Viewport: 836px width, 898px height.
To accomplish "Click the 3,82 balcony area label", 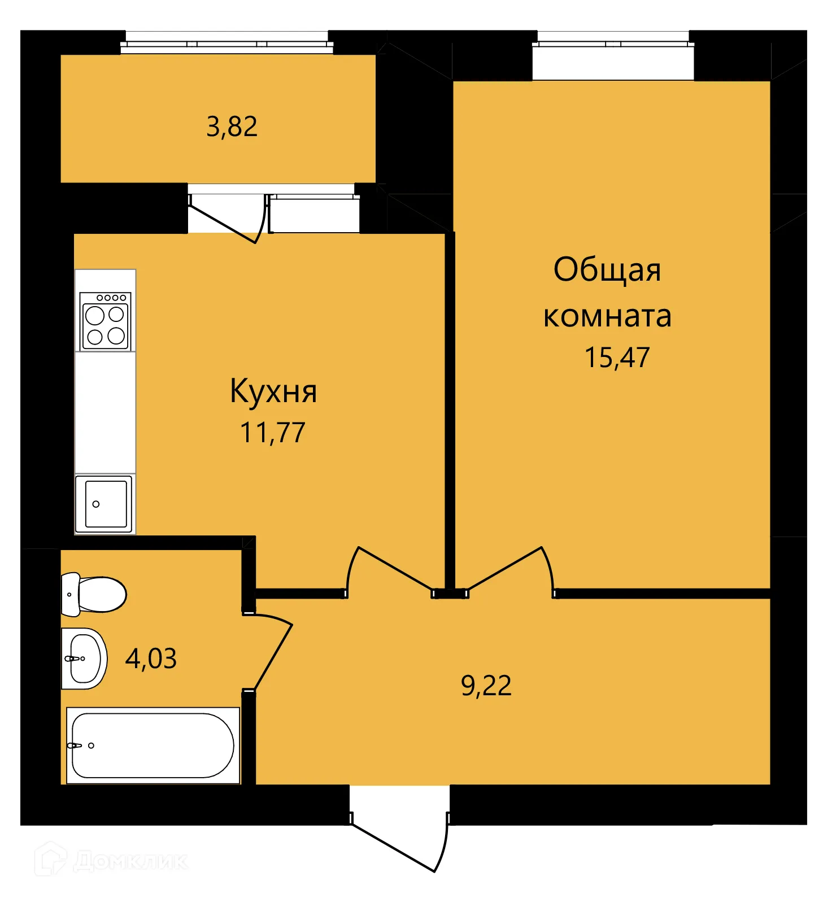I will tap(232, 127).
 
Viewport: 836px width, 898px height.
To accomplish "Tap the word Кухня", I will tap(273, 391).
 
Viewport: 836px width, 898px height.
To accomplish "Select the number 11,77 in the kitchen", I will tap(273, 433).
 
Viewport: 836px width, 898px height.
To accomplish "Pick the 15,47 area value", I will tap(617, 358).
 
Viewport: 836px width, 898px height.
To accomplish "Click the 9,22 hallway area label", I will tap(486, 686).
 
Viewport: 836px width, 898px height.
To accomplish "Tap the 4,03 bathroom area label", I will tap(151, 659).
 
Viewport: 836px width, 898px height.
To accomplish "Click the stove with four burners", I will tap(105, 321).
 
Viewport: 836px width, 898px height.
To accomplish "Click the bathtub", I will tap(153, 746).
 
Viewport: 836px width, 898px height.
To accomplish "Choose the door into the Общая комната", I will tap(508, 570).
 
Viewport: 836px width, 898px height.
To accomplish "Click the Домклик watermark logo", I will tap(110, 861).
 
